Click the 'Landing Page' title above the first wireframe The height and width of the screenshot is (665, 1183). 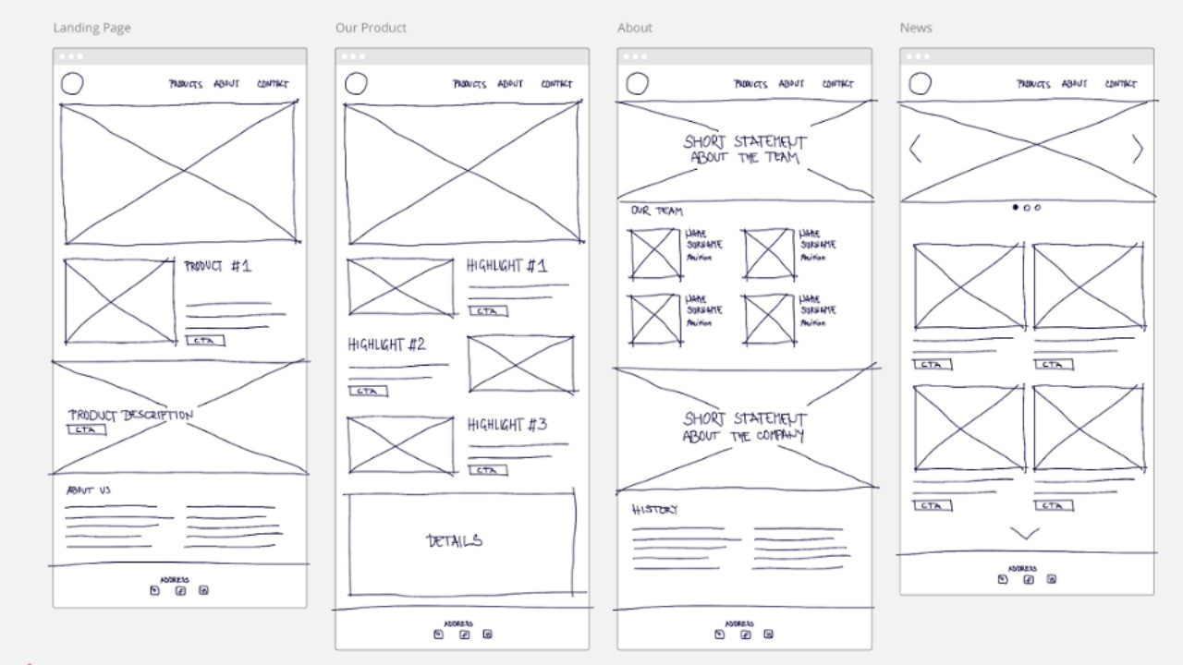[91, 28]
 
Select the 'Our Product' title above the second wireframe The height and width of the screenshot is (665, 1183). [371, 28]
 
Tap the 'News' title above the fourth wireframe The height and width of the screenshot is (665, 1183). [916, 28]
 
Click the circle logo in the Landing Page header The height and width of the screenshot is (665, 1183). [72, 85]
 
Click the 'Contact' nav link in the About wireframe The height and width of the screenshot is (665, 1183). [837, 84]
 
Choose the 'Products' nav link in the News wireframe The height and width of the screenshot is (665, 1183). [1033, 84]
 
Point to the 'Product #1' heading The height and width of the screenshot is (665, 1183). [217, 267]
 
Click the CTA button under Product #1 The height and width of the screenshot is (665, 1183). [204, 341]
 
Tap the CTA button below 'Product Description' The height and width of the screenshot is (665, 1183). [86, 429]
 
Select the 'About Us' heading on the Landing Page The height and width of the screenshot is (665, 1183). [89, 490]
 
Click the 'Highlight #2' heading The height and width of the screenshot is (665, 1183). [386, 345]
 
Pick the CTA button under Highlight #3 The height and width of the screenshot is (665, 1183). [487, 470]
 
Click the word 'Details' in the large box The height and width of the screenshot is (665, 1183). [454, 541]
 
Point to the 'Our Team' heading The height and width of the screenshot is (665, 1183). [656, 212]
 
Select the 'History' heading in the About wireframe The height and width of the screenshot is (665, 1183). [654, 510]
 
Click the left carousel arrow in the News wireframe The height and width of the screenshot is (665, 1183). [915, 149]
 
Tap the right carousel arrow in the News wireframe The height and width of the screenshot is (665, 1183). [1138, 149]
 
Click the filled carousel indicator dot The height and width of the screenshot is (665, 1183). [1015, 208]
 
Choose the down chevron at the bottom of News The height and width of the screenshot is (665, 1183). [1025, 533]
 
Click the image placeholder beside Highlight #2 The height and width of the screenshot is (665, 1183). [520, 364]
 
